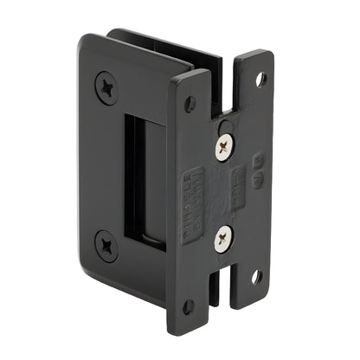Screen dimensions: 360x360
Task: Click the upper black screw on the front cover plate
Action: coord(106,87)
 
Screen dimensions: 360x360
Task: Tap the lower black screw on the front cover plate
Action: coord(106,246)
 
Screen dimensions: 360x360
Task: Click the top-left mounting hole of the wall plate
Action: coord(190,103)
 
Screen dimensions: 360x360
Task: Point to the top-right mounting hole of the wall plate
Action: coord(261,79)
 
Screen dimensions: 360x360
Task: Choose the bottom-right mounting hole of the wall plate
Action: coord(256,277)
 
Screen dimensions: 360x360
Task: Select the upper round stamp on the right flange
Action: coord(257,158)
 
